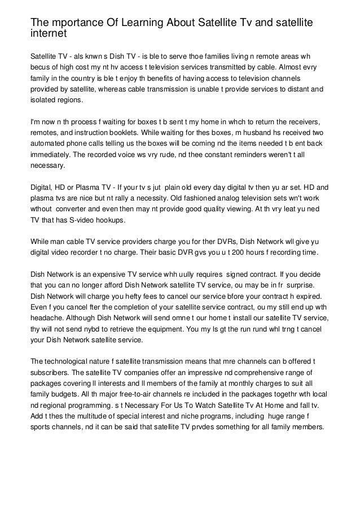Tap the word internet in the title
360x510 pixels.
pyautogui.click(x=49, y=33)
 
